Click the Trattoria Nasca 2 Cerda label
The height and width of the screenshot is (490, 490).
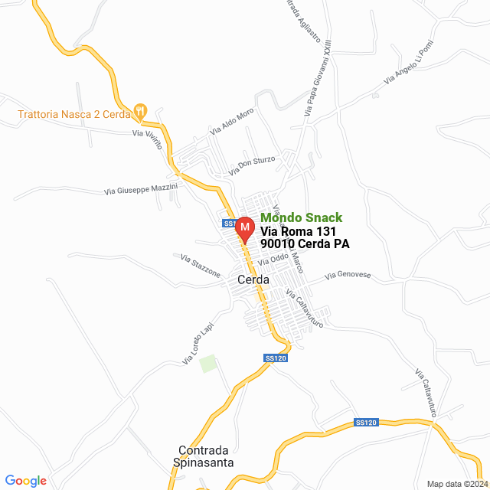(x=73, y=114)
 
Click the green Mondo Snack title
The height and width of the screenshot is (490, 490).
(x=302, y=217)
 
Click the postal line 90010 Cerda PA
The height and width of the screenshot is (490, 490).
(x=305, y=245)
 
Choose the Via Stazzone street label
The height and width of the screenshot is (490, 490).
(x=201, y=266)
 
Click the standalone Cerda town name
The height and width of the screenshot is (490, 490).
(x=253, y=280)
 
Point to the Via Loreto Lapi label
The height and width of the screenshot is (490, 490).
(x=198, y=342)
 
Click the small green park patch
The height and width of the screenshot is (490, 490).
(x=207, y=364)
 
